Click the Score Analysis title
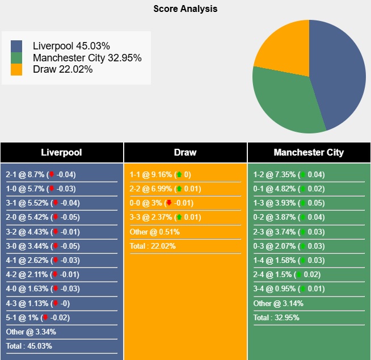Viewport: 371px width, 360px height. point(185,9)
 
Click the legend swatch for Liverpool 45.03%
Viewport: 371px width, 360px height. point(17,46)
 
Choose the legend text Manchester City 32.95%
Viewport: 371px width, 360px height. point(87,58)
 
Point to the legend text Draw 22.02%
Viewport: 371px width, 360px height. point(62,69)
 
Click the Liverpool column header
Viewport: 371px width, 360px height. point(61,152)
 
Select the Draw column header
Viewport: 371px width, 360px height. point(185,152)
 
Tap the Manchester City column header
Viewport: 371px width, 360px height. point(309,152)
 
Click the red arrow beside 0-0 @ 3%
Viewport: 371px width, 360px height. point(168,203)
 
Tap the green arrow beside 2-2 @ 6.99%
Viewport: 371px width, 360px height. point(179,189)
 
